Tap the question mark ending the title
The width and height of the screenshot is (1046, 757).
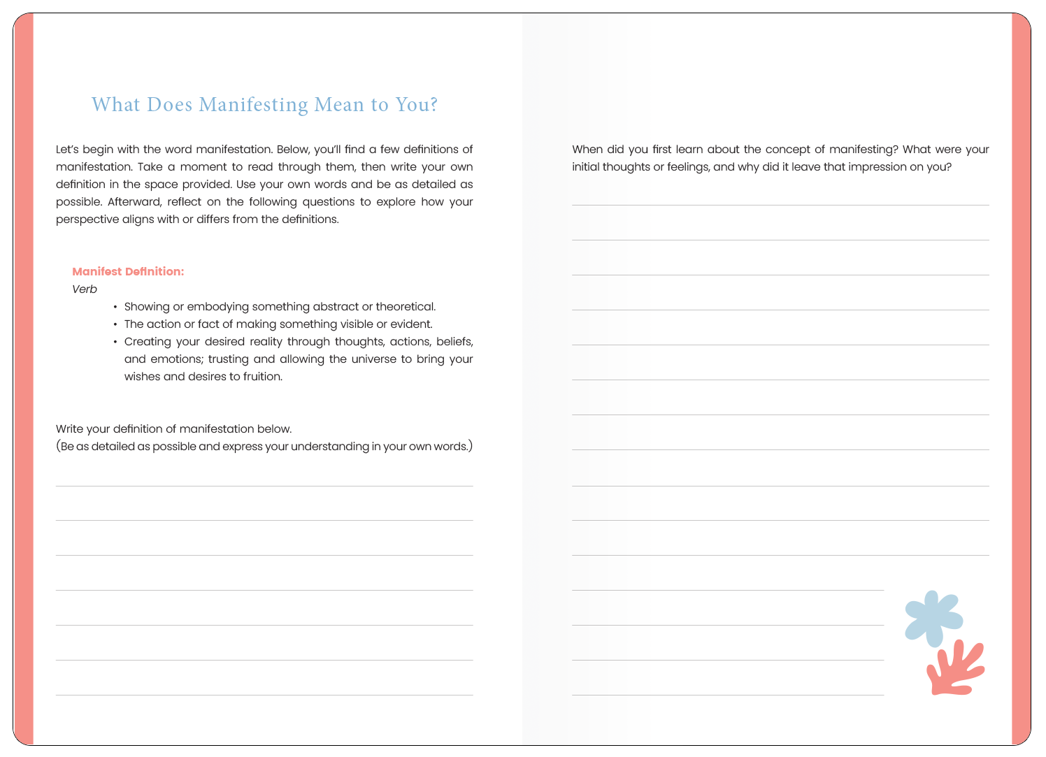coord(434,105)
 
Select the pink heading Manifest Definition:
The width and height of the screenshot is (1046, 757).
coord(128,271)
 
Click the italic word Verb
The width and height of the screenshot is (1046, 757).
coord(85,289)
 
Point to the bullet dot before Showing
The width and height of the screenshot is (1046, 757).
coord(115,307)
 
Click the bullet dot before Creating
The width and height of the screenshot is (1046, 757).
coord(115,342)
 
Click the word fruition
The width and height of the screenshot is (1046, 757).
coord(262,377)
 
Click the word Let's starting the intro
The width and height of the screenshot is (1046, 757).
coord(69,150)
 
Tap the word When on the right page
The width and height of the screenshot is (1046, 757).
coord(587,150)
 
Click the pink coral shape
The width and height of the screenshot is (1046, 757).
coord(956,669)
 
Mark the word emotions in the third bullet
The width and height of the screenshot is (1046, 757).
coord(176,359)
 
